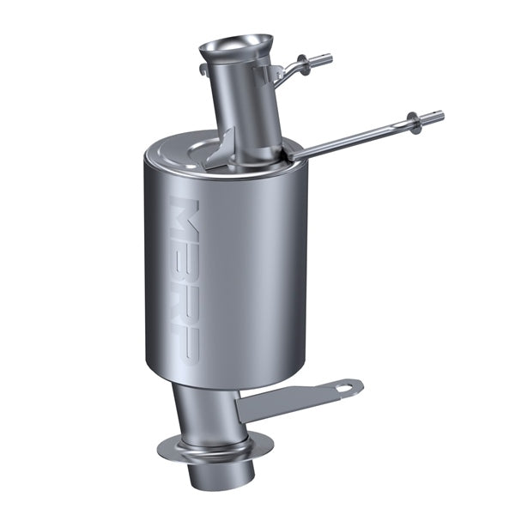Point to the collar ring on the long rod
click(415, 123)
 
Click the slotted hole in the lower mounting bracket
click(345, 388)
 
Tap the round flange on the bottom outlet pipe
click(215, 446)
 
